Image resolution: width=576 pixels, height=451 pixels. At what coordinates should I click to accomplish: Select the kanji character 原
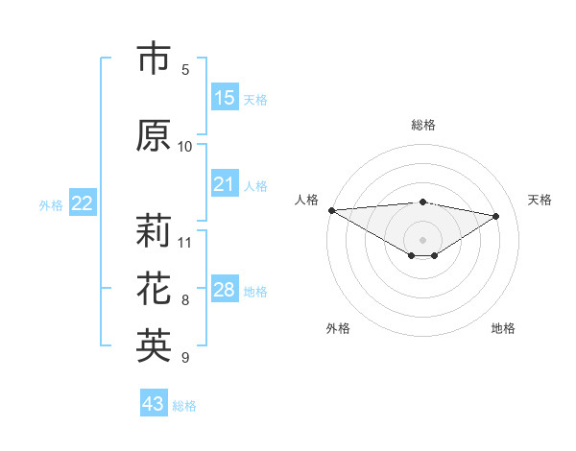[154, 135]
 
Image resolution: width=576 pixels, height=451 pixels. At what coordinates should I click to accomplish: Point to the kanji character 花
[154, 288]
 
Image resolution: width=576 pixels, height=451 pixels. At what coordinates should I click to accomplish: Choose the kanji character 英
[154, 345]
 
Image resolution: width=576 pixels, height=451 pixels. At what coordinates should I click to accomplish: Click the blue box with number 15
[225, 98]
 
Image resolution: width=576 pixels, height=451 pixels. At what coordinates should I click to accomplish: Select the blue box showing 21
[225, 184]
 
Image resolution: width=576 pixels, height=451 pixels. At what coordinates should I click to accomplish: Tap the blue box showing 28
[225, 290]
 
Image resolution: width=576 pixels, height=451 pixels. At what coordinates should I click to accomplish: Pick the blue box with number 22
[83, 203]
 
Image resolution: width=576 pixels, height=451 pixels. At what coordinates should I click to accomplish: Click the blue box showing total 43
[154, 404]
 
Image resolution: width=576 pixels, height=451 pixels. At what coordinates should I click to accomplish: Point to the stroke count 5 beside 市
[185, 69]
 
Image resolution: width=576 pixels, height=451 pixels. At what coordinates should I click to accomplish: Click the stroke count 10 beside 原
[185, 147]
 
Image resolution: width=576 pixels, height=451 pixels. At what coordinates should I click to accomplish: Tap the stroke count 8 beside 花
[185, 300]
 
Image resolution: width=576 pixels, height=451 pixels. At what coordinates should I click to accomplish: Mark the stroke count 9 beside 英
[185, 358]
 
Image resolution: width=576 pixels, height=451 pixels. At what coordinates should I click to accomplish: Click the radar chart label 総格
[423, 125]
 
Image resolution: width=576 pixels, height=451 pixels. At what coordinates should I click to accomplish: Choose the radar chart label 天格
[540, 200]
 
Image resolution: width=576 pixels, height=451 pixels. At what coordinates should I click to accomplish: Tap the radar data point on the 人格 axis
[331, 209]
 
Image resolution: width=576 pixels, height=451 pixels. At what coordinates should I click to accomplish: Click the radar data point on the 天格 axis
[496, 215]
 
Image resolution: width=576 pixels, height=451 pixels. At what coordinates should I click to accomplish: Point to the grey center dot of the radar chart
[423, 238]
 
